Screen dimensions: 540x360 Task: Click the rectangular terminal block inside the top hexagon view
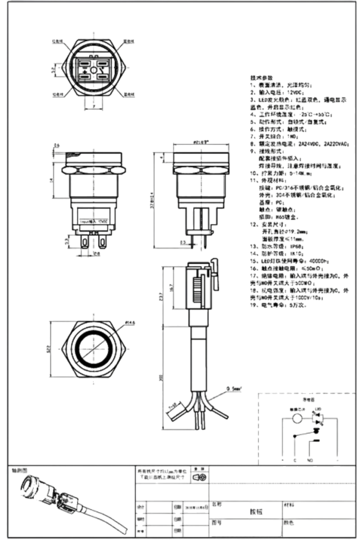(93, 68)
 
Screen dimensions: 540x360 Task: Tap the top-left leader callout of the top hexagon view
(57, 42)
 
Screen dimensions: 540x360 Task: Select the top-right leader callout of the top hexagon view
(129, 41)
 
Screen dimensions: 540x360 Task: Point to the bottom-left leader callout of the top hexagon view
(57, 95)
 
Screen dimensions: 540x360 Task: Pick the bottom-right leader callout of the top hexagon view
(130, 95)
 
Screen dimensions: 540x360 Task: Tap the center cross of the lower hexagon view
(93, 348)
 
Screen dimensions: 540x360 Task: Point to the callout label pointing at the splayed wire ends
(232, 390)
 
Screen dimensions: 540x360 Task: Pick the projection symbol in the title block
(200, 478)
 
